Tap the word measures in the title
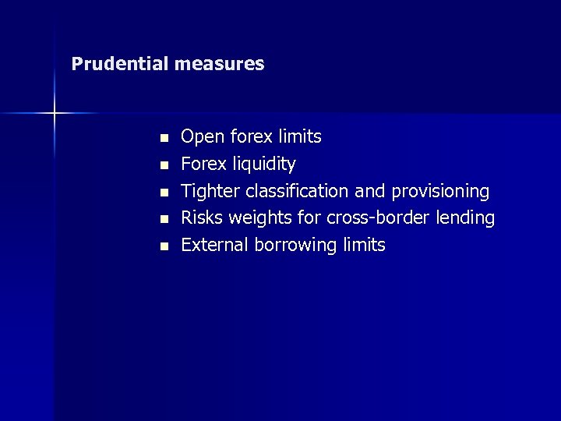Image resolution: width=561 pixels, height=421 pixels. (x=219, y=64)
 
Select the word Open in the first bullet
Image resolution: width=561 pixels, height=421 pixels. (x=200, y=137)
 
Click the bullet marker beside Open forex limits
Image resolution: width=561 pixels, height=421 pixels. (x=164, y=138)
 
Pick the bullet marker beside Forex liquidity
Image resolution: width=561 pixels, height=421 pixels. (x=164, y=165)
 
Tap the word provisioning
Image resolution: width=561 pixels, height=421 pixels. (x=440, y=192)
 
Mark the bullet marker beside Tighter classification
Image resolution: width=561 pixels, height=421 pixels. (x=164, y=192)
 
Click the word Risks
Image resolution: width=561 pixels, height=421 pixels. (x=202, y=218)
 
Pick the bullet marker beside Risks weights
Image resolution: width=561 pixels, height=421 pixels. (x=164, y=219)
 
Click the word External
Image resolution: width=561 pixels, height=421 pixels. (x=213, y=245)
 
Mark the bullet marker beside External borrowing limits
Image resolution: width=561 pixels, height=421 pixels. (x=164, y=246)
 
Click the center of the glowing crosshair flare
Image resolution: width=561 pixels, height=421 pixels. (x=55, y=114)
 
